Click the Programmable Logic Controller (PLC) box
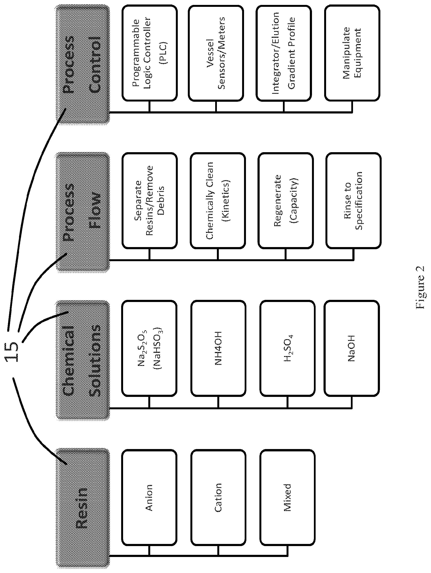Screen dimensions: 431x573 (x=149, y=53)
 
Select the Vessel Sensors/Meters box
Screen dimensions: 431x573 (x=216, y=53)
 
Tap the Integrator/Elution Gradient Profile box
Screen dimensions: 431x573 (x=284, y=53)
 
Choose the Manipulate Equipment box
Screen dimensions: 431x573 (x=352, y=53)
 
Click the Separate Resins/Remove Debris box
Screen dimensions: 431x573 (x=149, y=200)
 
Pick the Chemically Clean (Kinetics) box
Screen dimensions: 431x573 (x=218, y=200)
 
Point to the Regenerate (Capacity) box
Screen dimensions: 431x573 (x=285, y=200)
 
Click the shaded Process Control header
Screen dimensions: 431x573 (x=83, y=64)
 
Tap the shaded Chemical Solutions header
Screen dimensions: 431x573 (x=83, y=360)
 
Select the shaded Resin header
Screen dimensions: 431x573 (x=83, y=508)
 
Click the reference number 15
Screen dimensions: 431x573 (x=12, y=352)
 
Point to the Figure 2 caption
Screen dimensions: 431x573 (x=420, y=287)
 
